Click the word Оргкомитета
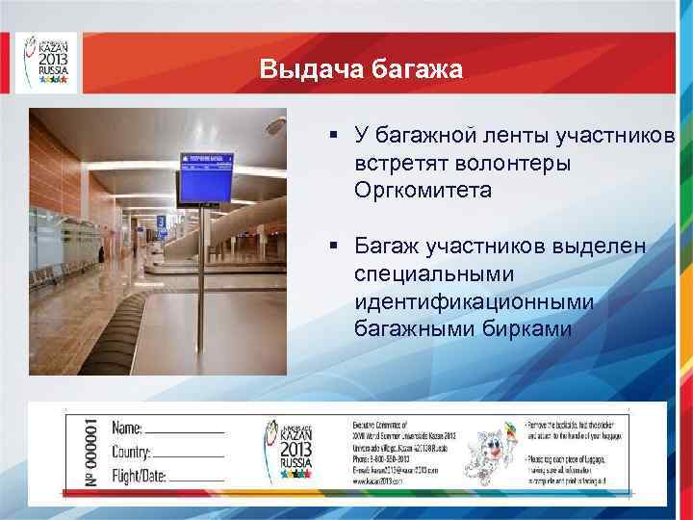[x=423, y=190]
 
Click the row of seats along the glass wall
[x=53, y=275]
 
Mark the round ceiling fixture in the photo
[x=276, y=125]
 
